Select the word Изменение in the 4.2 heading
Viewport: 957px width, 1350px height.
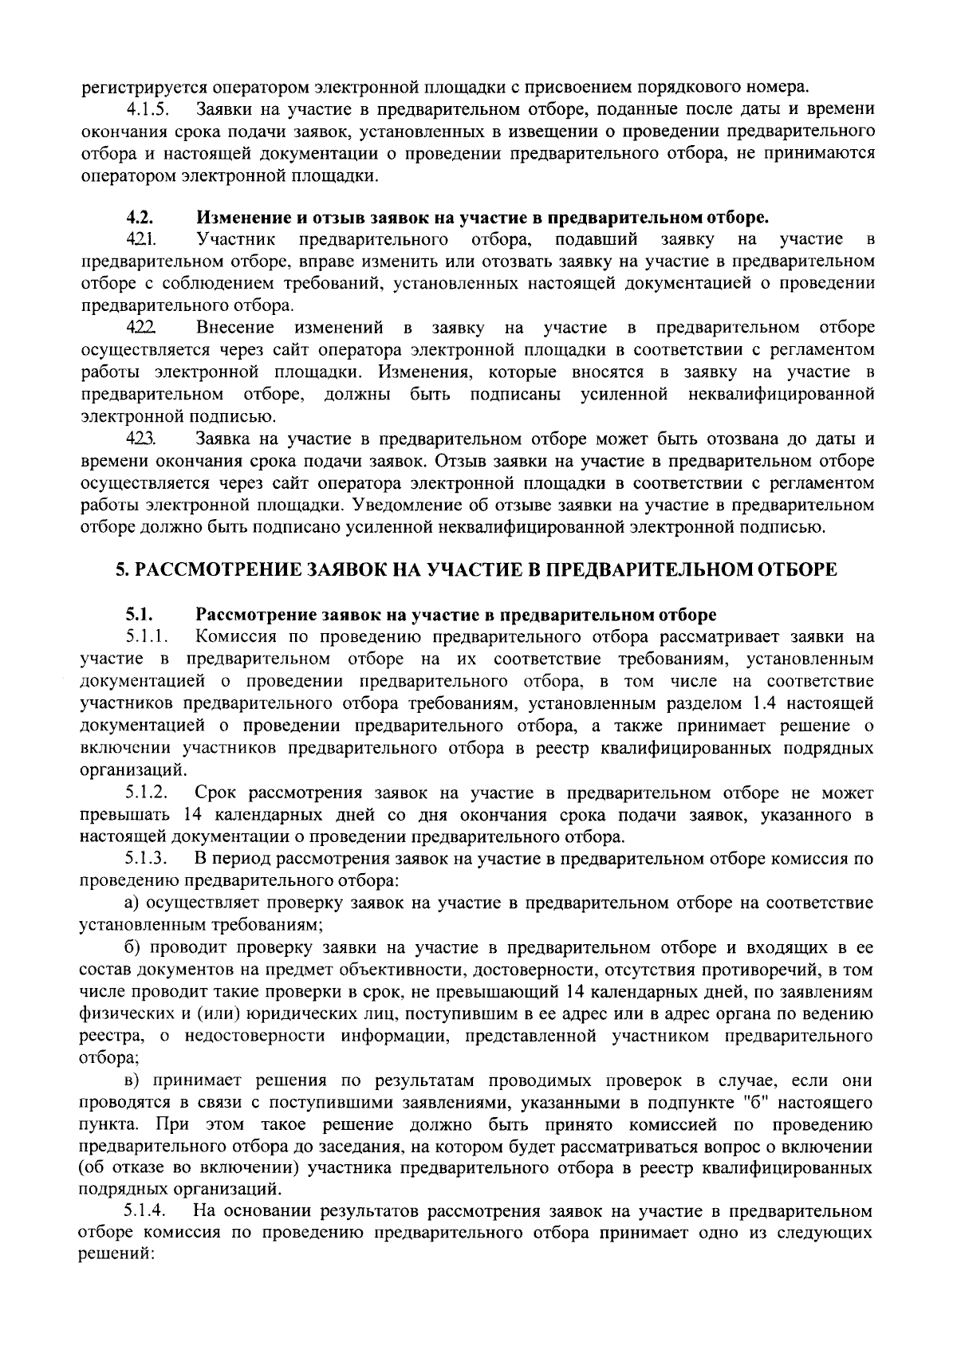click(x=237, y=217)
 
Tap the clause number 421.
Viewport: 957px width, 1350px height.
click(x=139, y=239)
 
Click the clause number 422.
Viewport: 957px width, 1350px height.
click(x=140, y=328)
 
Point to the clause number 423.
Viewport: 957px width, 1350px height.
click(x=140, y=439)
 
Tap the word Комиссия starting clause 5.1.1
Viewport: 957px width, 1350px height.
click(x=236, y=637)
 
